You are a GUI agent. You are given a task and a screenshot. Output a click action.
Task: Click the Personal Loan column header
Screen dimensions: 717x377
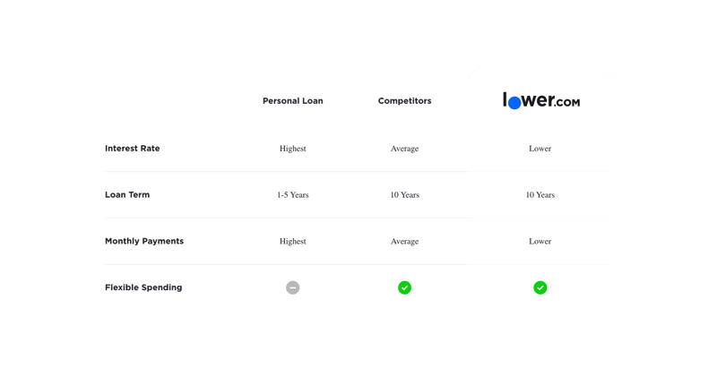click(293, 101)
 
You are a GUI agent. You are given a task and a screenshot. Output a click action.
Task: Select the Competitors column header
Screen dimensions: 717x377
click(405, 101)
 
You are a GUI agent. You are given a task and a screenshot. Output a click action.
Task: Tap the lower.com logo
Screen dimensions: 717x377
click(541, 100)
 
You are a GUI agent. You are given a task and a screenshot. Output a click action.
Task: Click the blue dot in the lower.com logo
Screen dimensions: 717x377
click(514, 103)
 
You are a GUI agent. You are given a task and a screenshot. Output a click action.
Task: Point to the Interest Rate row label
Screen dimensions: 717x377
click(132, 149)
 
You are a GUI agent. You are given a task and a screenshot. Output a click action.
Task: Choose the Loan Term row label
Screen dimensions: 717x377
click(127, 194)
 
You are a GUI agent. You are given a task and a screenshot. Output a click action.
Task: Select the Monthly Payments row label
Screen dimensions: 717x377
click(144, 241)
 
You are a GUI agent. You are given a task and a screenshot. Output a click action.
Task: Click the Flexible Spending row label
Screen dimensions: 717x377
click(143, 287)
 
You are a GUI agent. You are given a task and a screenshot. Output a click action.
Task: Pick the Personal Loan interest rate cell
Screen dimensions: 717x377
click(293, 149)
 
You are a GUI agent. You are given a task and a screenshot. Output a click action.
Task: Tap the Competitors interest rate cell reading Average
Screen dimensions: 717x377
click(405, 149)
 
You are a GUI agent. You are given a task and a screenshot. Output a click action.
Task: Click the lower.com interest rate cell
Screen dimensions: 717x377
click(540, 149)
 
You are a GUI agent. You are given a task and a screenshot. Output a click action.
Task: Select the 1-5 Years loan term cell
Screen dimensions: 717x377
click(293, 194)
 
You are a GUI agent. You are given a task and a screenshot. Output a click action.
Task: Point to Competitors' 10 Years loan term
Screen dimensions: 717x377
click(405, 194)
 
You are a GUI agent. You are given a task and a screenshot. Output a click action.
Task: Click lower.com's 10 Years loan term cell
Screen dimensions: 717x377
click(540, 194)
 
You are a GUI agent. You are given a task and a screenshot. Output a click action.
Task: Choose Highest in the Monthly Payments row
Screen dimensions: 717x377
click(293, 241)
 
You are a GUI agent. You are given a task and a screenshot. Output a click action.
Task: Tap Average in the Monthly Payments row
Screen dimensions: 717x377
click(405, 241)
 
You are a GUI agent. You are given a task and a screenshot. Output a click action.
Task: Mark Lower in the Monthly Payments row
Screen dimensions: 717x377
click(540, 241)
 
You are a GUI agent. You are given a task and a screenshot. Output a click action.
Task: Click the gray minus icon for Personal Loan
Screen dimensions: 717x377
click(293, 287)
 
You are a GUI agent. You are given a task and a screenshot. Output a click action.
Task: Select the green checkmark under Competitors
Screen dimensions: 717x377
click(405, 287)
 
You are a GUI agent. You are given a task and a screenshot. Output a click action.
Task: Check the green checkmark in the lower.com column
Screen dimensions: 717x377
click(540, 287)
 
